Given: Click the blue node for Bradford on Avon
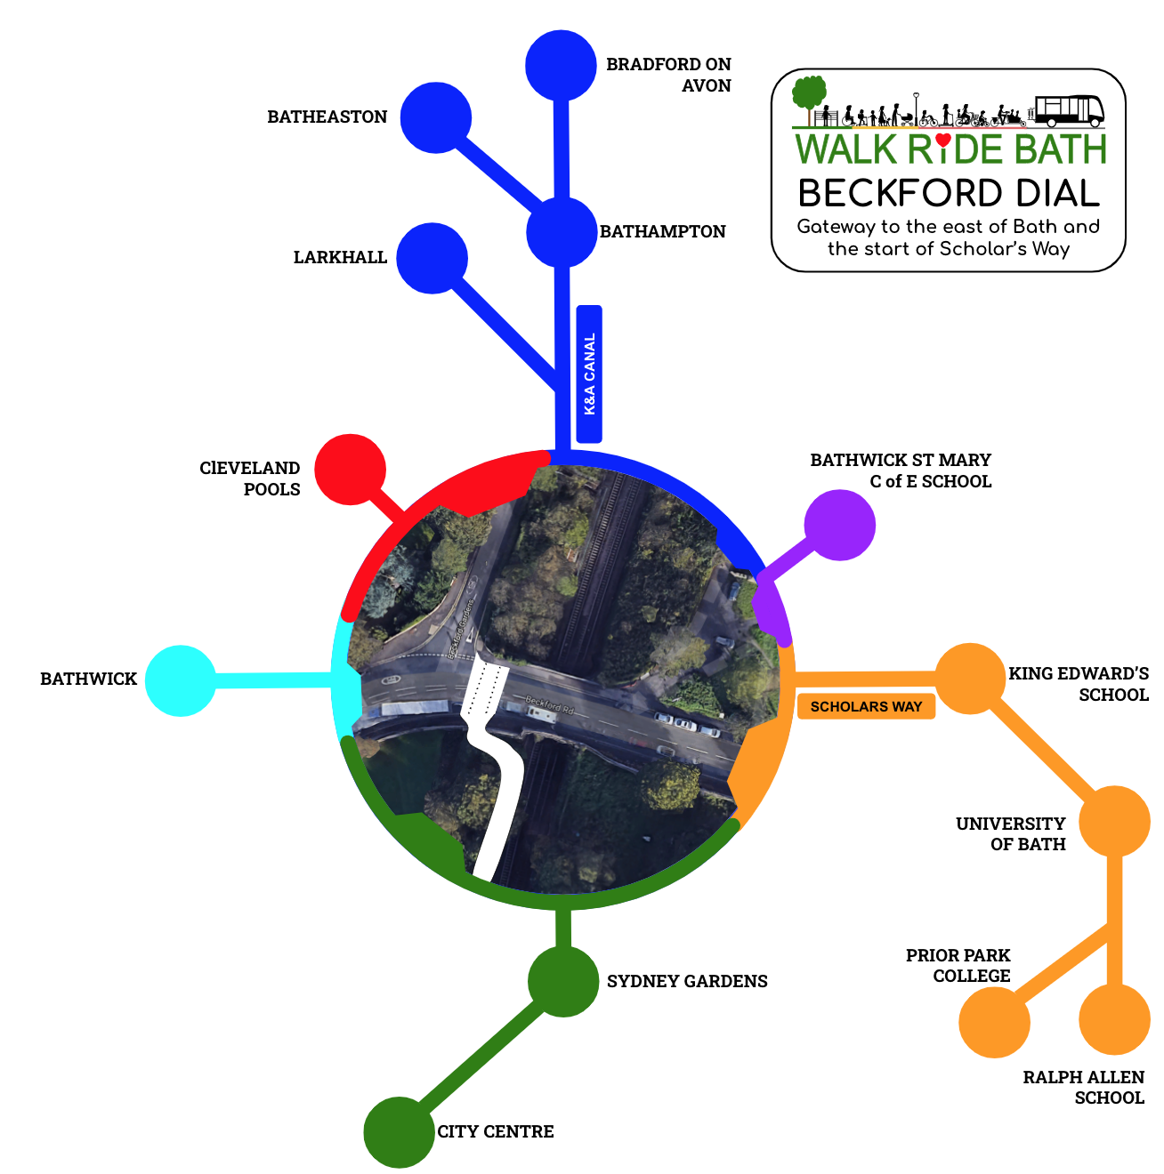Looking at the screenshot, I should pos(561,65).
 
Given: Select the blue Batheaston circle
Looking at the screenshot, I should pos(435,117).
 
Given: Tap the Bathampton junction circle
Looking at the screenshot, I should pos(562,231).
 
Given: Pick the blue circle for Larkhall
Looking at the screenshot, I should pos(432,258).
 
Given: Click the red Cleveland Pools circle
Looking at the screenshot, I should pos(351,470).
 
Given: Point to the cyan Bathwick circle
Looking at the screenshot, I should pos(181,680).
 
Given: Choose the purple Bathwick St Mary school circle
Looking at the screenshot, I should pos(840,525).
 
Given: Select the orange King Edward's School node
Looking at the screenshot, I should pos(970,678).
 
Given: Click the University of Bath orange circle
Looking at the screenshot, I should pos(1114,821).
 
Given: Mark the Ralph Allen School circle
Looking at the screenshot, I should pos(1114,1019).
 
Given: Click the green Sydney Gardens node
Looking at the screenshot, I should pos(563,981).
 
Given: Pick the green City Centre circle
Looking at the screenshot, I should pos(400,1132).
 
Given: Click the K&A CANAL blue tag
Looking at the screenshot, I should pos(589,374).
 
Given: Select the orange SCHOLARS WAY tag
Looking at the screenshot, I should pos(866,707).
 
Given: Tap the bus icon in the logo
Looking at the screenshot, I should pos(1070,111).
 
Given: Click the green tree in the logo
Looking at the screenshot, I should pos(809,92).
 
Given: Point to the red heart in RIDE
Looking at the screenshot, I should pos(944,140).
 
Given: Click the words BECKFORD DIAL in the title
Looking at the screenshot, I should pos(949,193).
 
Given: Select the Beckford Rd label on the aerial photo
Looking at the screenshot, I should pos(549,706).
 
